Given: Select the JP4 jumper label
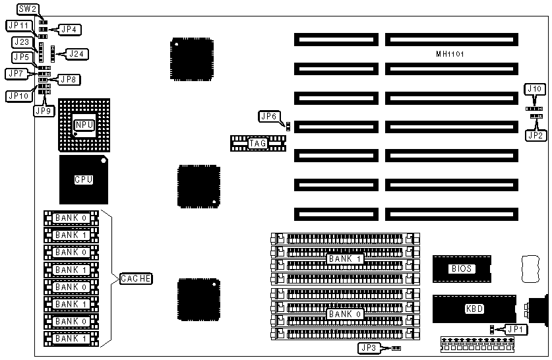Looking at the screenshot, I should (x=69, y=29).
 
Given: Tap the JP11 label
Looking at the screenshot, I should (x=18, y=25).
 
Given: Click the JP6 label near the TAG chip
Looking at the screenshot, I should (x=269, y=117).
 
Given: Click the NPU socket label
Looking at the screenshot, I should (x=84, y=125).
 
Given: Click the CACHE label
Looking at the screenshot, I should (x=136, y=279).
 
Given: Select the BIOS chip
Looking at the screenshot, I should (x=462, y=268).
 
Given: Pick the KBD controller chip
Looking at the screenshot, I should (x=474, y=309).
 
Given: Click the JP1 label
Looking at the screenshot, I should (x=512, y=328).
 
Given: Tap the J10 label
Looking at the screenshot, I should (x=534, y=88).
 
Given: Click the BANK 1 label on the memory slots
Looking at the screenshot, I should (x=340, y=258).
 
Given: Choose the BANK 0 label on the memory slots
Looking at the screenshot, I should (x=340, y=314).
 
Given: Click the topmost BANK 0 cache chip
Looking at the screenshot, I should (x=71, y=218).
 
